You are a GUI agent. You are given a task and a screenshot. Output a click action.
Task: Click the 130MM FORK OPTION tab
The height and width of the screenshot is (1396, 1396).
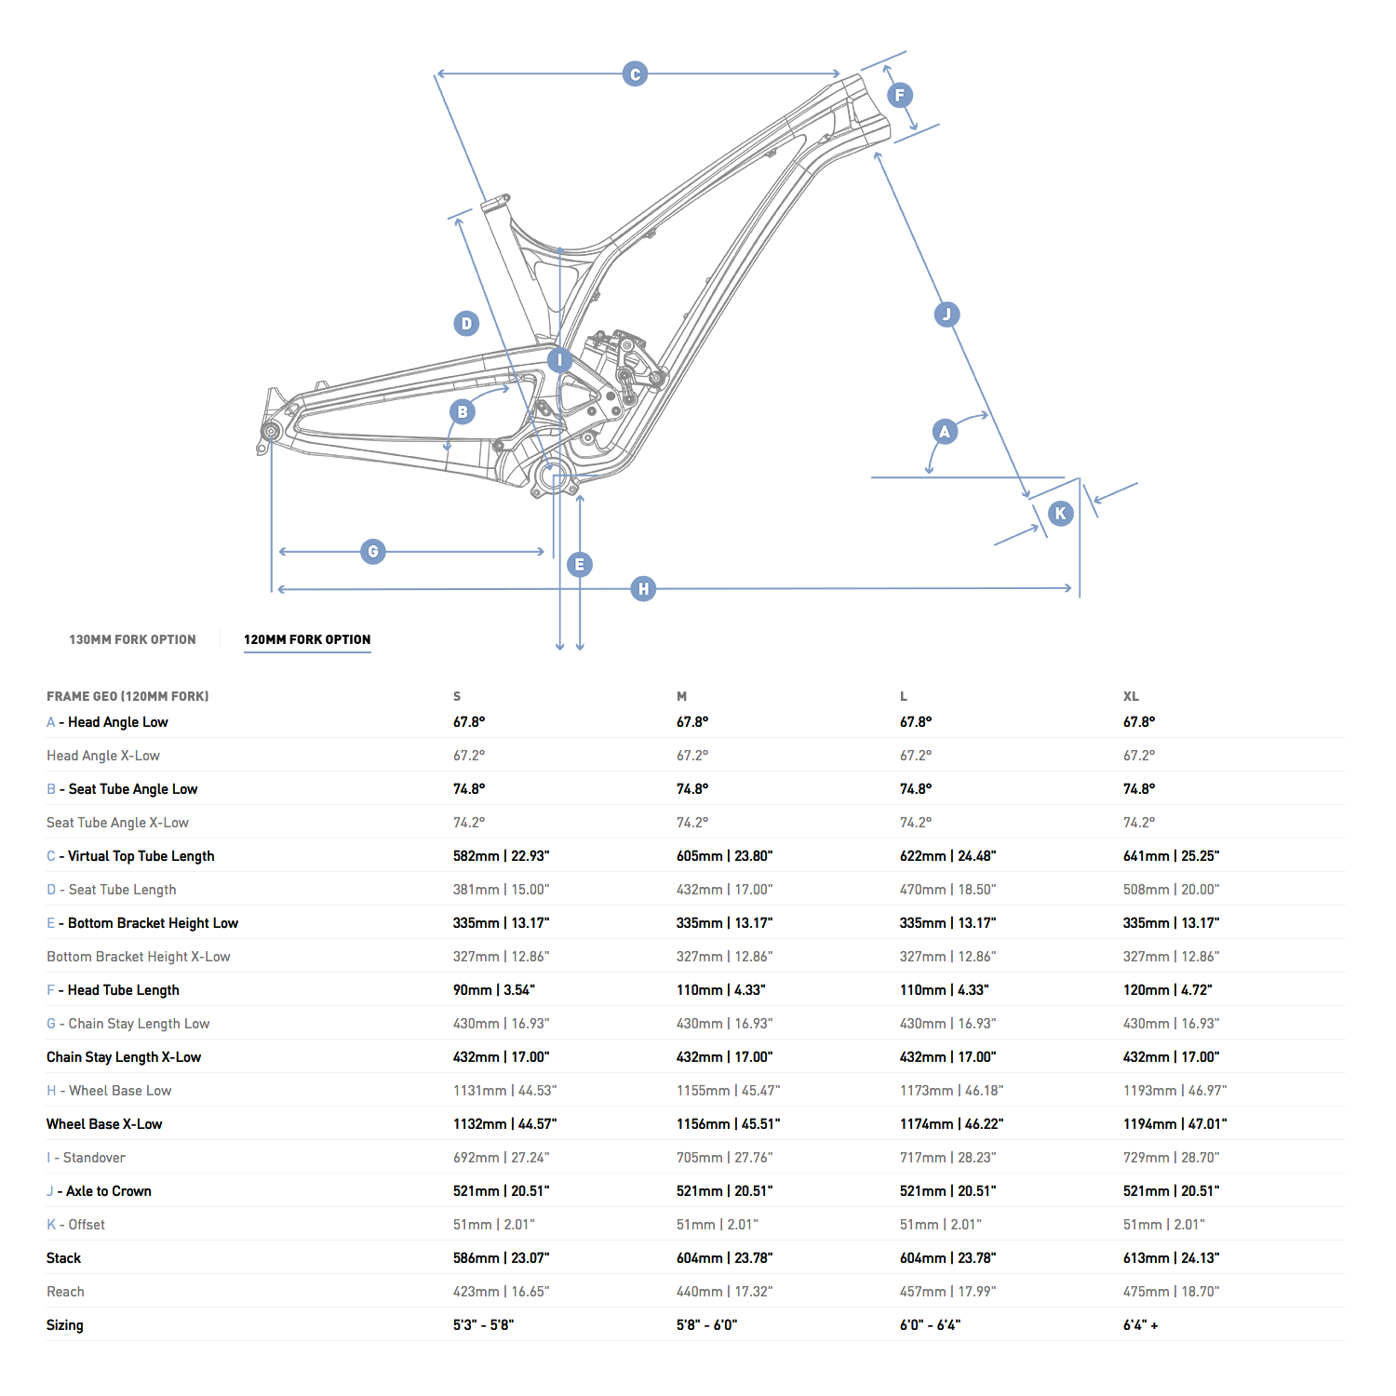132,639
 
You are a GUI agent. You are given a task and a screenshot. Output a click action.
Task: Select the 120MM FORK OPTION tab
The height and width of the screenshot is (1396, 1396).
307,639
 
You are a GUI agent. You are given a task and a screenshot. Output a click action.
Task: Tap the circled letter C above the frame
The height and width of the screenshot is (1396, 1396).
635,74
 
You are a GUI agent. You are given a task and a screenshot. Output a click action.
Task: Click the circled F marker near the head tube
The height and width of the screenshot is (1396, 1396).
899,95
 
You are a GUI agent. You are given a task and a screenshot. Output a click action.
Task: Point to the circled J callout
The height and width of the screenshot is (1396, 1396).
946,315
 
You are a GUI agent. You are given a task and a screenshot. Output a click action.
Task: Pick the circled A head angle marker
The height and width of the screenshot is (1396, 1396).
945,432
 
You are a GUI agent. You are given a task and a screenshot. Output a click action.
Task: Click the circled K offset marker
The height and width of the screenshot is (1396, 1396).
1060,514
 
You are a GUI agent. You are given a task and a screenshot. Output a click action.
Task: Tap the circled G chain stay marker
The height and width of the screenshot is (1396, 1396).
373,552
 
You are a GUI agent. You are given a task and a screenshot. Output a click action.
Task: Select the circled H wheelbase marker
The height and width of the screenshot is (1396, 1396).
643,589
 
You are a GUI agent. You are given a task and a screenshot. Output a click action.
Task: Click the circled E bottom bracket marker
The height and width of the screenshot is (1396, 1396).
580,565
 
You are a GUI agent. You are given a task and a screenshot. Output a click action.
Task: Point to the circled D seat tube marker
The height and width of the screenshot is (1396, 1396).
466,324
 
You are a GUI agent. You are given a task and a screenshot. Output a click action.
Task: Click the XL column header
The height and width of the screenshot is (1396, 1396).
1131,696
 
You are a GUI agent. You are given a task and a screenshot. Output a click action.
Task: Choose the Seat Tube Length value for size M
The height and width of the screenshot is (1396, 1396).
724,890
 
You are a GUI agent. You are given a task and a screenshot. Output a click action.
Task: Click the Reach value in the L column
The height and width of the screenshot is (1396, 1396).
947,1292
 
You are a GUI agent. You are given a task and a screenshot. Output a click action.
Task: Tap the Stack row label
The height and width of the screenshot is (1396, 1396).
64,1258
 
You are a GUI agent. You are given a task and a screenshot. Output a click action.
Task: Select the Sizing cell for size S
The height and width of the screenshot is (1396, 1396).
483,1325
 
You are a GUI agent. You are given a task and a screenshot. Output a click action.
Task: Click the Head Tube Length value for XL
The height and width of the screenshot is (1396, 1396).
1167,990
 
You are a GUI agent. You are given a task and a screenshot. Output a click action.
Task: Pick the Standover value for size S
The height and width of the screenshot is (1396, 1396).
501,1158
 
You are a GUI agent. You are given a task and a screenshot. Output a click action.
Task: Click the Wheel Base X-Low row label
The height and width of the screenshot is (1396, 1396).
104,1124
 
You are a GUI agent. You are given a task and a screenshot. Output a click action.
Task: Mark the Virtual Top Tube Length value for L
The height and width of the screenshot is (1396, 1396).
947,856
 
